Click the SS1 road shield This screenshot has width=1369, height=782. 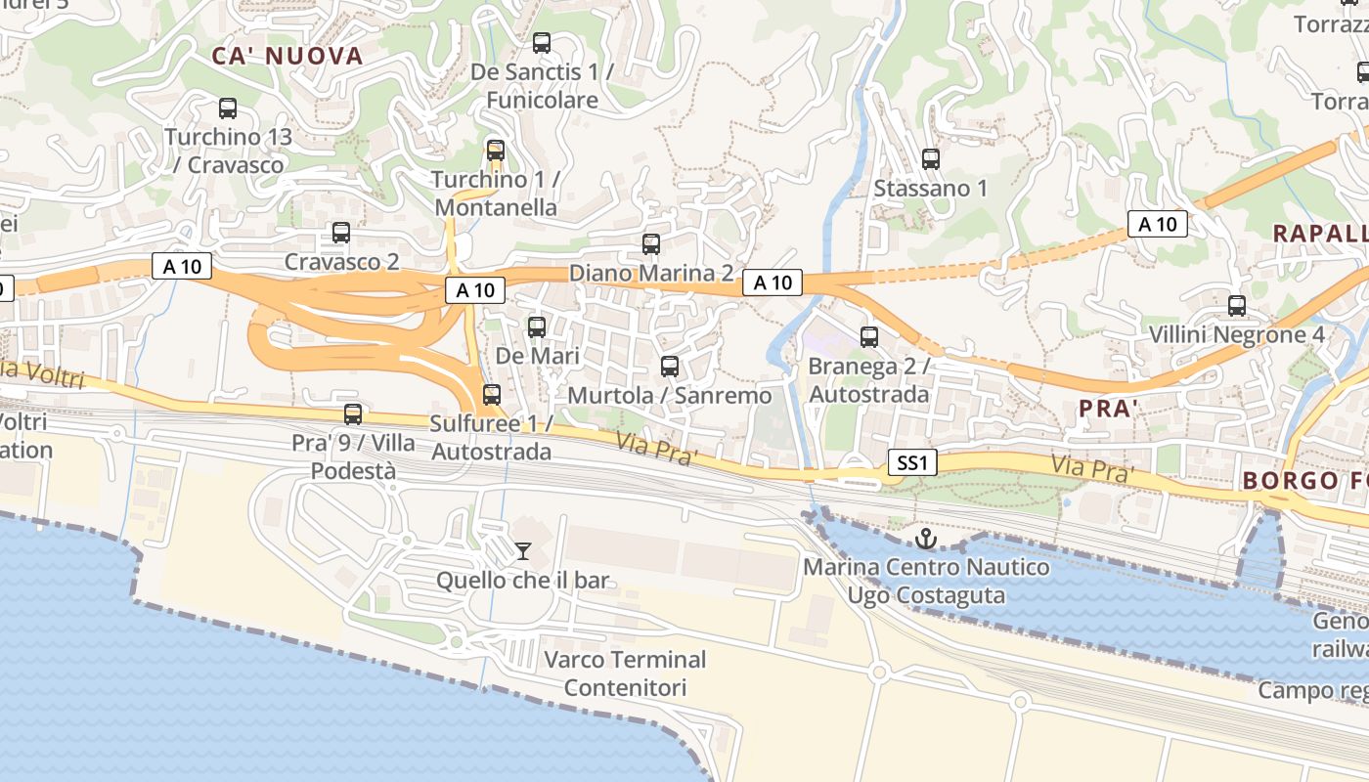pyautogui.click(x=911, y=462)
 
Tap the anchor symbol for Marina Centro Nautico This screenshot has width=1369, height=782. pyautogui.click(x=924, y=539)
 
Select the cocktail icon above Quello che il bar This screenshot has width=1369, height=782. pyautogui.click(x=523, y=551)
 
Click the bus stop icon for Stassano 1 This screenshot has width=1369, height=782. pyautogui.click(x=930, y=158)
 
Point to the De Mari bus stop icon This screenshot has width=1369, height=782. pyautogui.click(x=536, y=326)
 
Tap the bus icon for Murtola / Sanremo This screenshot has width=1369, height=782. pyautogui.click(x=669, y=367)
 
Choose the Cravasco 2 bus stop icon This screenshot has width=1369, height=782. pyautogui.click(x=340, y=233)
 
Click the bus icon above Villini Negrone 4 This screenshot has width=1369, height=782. pyautogui.click(x=1236, y=306)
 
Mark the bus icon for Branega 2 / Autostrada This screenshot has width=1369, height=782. pyautogui.click(x=868, y=337)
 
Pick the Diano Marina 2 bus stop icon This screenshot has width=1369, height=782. pyautogui.click(x=650, y=243)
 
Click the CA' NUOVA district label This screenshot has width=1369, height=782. pyautogui.click(x=287, y=56)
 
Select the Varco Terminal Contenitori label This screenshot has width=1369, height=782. pyautogui.click(x=625, y=673)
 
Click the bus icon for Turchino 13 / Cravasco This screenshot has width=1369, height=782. pyautogui.click(x=227, y=109)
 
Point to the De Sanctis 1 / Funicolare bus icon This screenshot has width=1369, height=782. pyautogui.click(x=541, y=43)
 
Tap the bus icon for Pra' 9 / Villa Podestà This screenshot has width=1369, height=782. pyautogui.click(x=352, y=414)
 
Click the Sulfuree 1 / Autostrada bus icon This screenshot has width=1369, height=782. pyautogui.click(x=491, y=395)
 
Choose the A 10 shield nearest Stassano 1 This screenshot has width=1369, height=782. pyautogui.click(x=773, y=282)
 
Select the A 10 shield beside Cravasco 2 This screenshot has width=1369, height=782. pyautogui.click(x=182, y=266)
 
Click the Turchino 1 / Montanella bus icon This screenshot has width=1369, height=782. pyautogui.click(x=495, y=151)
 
